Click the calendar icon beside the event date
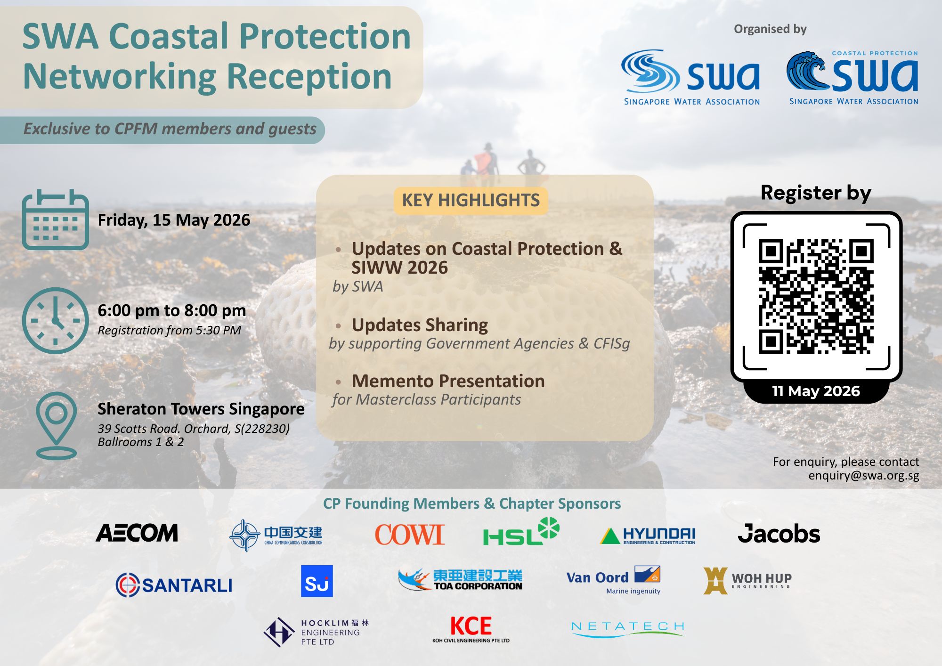pyautogui.click(x=56, y=219)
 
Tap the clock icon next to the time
pyautogui.click(x=56, y=321)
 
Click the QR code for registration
pyautogui.click(x=816, y=296)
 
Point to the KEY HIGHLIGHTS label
pyautogui.click(x=471, y=201)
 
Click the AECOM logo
pyautogui.click(x=137, y=533)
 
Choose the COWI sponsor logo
pyautogui.click(x=409, y=535)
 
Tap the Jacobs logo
pyautogui.click(x=779, y=534)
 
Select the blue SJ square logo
pyautogui.click(x=317, y=581)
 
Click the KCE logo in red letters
pyautogui.click(x=471, y=629)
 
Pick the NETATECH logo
pyautogui.click(x=627, y=628)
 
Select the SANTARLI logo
pyautogui.click(x=174, y=585)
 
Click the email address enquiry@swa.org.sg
pyautogui.click(x=864, y=476)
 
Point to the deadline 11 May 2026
pyautogui.click(x=816, y=391)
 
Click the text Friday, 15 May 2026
pyautogui.click(x=174, y=220)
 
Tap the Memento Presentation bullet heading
pyautogui.click(x=448, y=381)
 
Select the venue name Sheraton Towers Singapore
pyautogui.click(x=201, y=409)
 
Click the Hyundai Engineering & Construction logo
pyautogui.click(x=648, y=536)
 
